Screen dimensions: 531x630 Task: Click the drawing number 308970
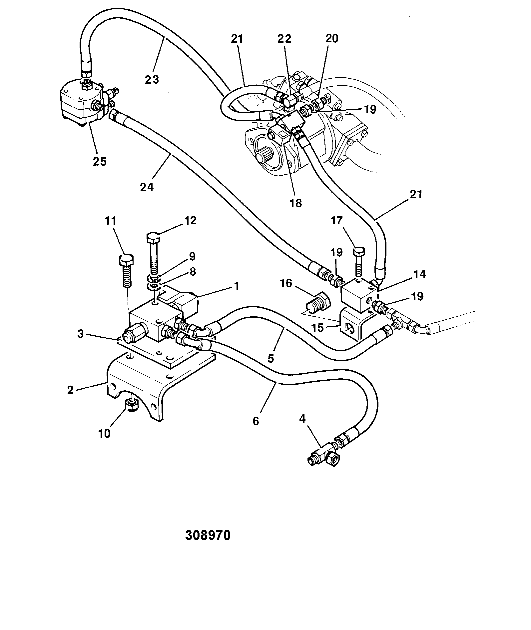coord(208,535)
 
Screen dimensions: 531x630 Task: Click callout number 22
coord(284,39)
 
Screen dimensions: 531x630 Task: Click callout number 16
coord(285,284)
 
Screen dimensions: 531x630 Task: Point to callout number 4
coord(302,419)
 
